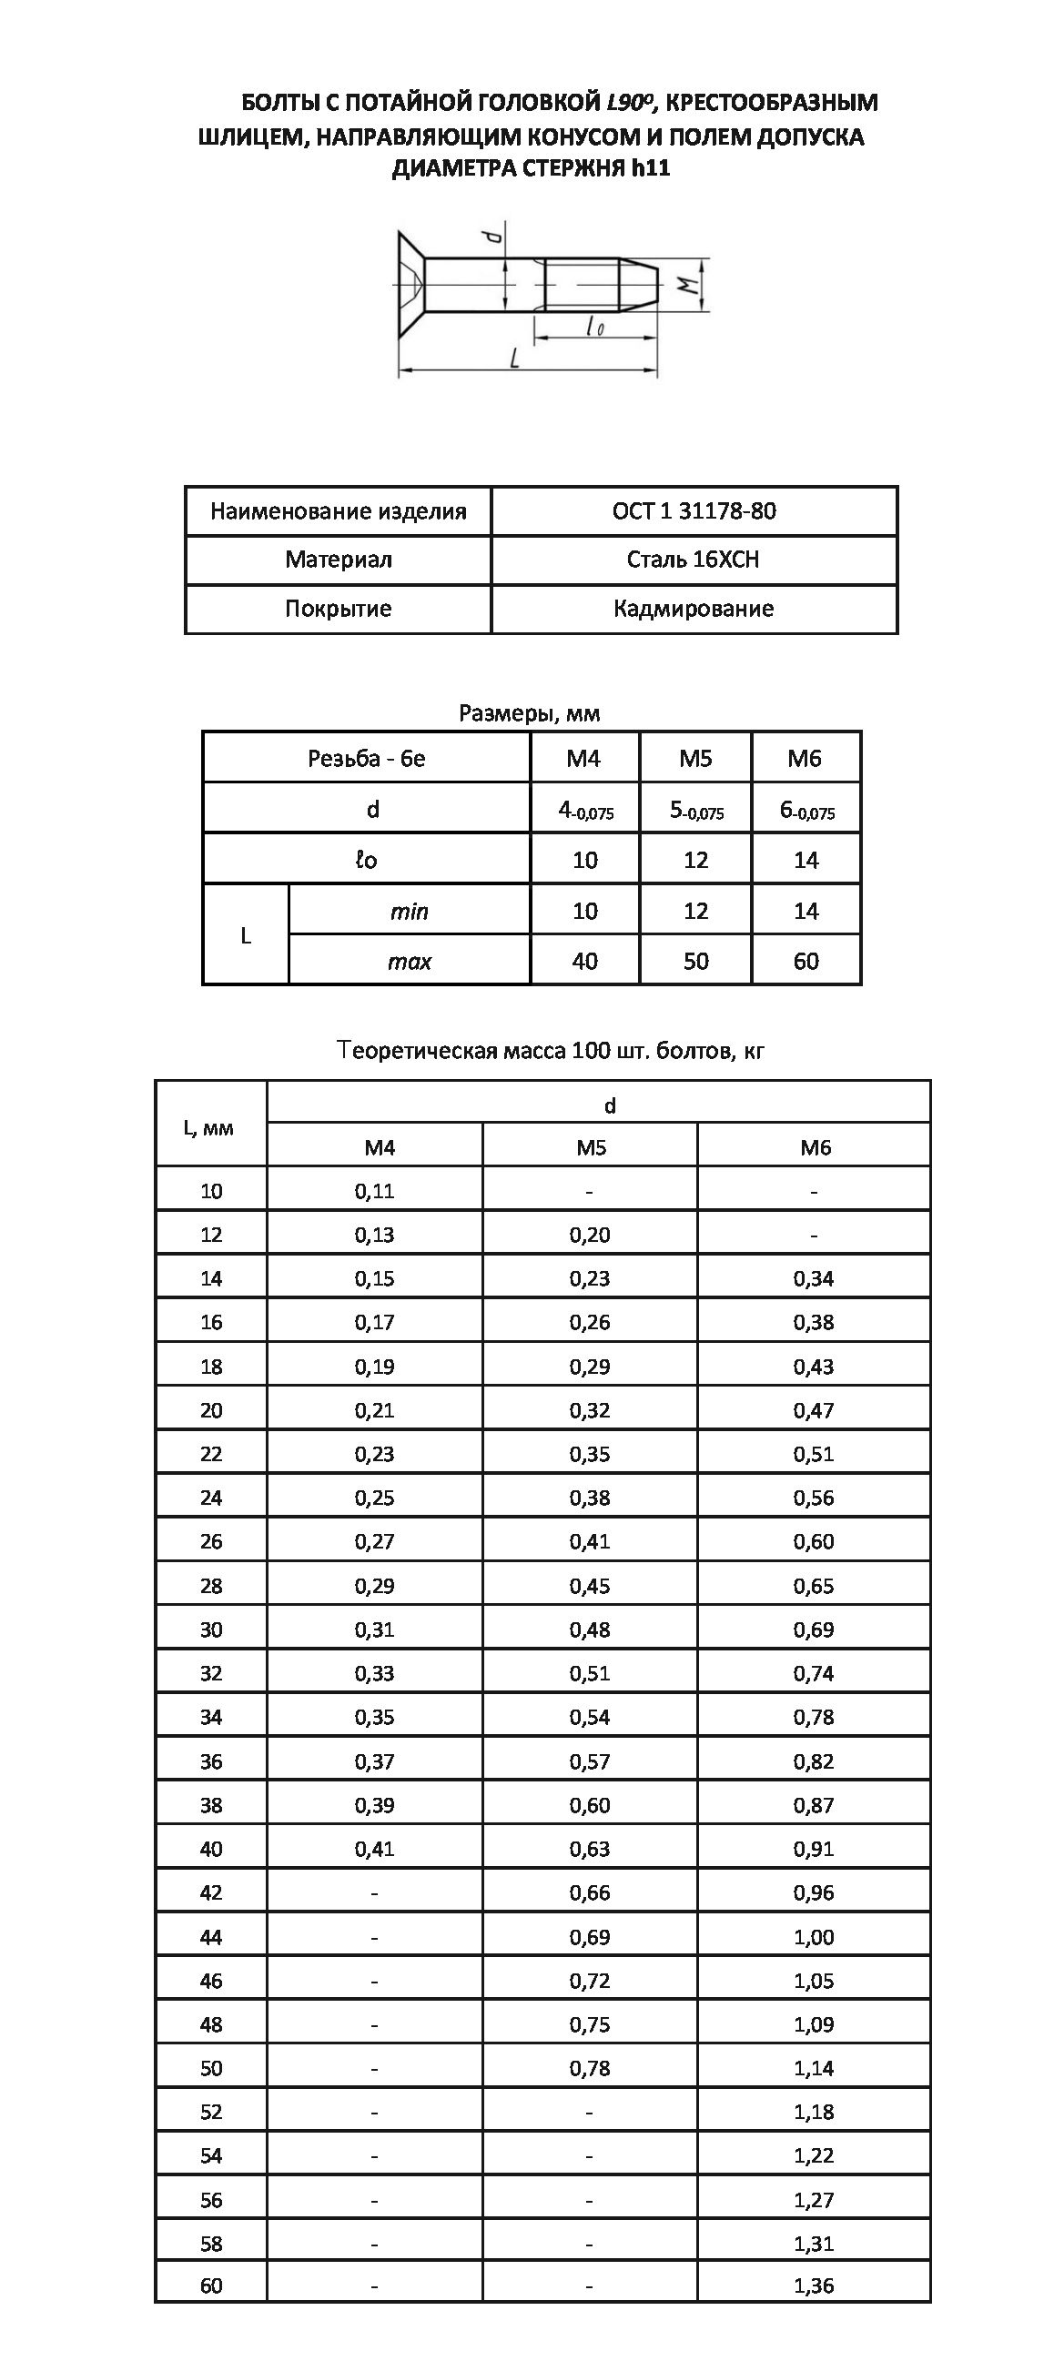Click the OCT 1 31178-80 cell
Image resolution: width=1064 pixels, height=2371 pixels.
(694, 510)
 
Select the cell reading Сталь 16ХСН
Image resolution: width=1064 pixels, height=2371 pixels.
(693, 560)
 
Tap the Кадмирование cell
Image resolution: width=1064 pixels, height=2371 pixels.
(693, 609)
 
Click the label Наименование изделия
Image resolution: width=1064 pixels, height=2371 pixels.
(338, 510)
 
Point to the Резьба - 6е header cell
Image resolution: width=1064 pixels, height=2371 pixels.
(366, 759)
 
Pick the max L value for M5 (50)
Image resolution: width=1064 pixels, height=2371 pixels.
(696, 961)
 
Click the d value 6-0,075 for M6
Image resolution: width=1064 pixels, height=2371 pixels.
(806, 810)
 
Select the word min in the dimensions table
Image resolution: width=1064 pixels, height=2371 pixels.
(409, 912)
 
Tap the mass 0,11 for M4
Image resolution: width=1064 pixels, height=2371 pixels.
(375, 1191)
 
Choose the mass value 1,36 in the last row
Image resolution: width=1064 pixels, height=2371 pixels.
(814, 2285)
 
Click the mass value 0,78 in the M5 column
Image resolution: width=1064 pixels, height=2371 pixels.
(589, 2068)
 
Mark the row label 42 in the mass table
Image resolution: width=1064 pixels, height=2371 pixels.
(212, 1892)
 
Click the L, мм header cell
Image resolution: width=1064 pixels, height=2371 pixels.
(211, 1127)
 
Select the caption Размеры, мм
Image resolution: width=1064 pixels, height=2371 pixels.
(530, 712)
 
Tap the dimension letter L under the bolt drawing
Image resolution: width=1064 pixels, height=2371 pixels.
(515, 358)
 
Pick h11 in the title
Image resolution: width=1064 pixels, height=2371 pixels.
(651, 169)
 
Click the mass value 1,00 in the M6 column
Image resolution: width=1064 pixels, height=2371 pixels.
(814, 1937)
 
